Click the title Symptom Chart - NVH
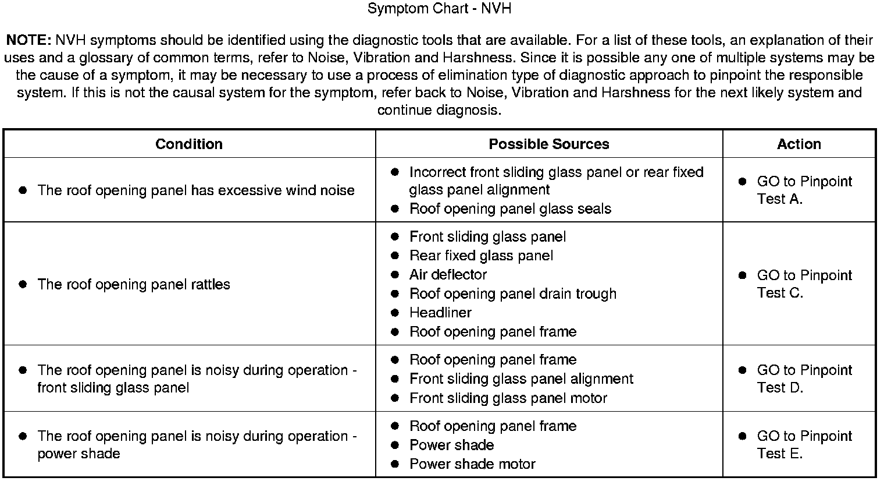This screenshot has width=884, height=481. pos(440,9)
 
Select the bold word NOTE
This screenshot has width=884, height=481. pos(28,40)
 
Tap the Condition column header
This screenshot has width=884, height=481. pos(189,144)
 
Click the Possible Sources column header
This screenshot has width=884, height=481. pos(548,144)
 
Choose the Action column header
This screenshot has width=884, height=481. pos(799,144)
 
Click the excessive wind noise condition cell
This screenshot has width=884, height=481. pos(195,190)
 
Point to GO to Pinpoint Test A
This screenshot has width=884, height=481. pos(804,190)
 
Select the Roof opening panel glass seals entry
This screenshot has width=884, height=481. pos(510,208)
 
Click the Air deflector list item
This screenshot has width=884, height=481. pos(448,274)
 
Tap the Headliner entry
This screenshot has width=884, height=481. pos(440,312)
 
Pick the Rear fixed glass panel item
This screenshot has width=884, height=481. pos(481,255)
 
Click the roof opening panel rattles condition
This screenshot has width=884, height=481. pos(134,284)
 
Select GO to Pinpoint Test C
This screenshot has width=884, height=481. pos(804,284)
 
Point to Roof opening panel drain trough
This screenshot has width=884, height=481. pos(512,293)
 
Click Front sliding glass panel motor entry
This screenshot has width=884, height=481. pos(508,398)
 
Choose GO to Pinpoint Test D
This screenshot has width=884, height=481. pos(804,379)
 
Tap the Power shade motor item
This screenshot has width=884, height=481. pos(472,464)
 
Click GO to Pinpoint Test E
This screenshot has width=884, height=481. pos(804,444)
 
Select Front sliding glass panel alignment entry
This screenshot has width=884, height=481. pos(521,379)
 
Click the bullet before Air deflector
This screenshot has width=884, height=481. pos(395,274)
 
